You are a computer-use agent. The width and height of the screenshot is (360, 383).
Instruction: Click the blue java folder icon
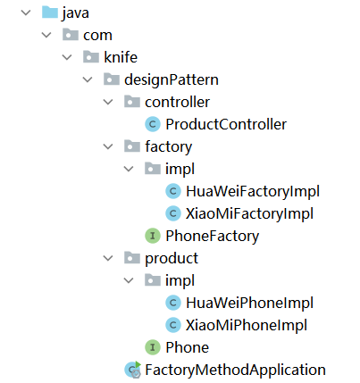[x=50, y=12]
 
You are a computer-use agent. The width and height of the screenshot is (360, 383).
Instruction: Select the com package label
[x=97, y=36]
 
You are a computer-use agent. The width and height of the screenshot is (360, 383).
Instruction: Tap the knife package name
[x=121, y=57]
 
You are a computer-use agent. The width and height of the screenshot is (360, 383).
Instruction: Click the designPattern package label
[x=172, y=79]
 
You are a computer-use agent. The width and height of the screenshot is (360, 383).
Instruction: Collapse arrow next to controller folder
[x=108, y=102]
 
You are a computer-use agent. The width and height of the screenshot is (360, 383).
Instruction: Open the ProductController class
[x=226, y=124]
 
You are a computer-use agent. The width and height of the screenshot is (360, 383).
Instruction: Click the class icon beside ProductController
[x=153, y=124]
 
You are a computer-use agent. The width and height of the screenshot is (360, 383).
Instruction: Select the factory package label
[x=169, y=147]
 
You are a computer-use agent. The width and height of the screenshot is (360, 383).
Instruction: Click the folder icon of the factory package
[x=132, y=146]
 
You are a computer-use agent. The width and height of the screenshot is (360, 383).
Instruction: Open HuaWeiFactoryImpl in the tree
[x=253, y=191]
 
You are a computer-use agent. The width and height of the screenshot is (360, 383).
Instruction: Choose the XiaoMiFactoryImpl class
[x=249, y=213]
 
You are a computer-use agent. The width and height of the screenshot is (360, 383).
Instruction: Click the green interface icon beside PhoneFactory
[x=153, y=236]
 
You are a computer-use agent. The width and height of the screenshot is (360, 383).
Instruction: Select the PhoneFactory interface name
[x=213, y=237]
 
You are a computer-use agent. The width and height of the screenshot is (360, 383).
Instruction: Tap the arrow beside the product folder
[x=108, y=258]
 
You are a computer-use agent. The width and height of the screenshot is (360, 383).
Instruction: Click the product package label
[x=172, y=259]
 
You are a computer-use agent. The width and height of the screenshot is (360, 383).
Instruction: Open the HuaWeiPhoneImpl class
[x=249, y=303]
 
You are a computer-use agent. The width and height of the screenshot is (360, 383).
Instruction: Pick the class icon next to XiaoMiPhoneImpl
[x=173, y=325]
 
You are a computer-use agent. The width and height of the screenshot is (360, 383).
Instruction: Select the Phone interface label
[x=188, y=347]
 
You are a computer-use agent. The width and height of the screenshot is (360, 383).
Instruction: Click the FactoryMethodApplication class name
[x=235, y=371]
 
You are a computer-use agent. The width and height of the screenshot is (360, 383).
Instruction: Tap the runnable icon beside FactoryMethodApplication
[x=133, y=370]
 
